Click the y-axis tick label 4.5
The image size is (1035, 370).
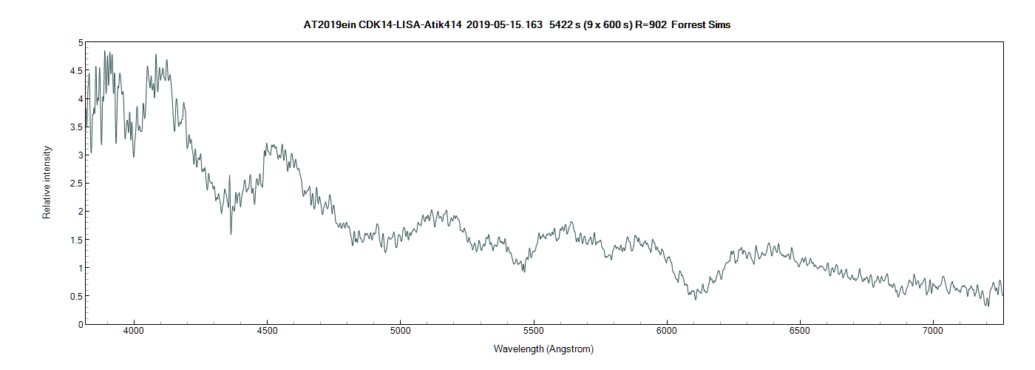pyautogui.click(x=74, y=71)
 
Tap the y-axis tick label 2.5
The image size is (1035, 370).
pyautogui.click(x=74, y=184)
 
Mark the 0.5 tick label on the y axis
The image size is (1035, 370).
pyautogui.click(x=74, y=296)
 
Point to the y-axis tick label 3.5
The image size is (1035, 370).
pyautogui.click(x=74, y=127)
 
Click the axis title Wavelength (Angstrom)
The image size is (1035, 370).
pyautogui.click(x=543, y=349)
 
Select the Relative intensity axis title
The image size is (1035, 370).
pyautogui.click(x=47, y=182)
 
